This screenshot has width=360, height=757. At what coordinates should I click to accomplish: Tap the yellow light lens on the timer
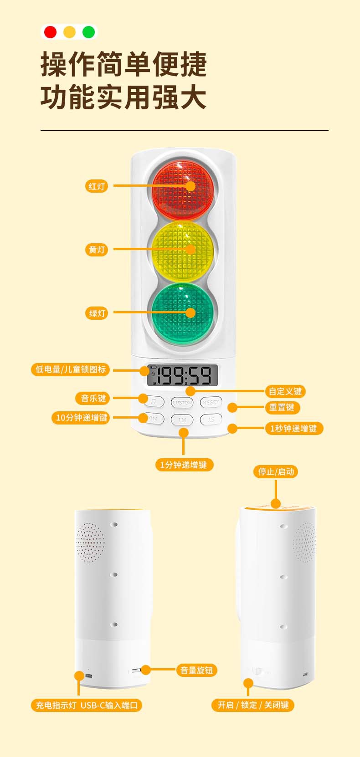pyautogui.click(x=183, y=250)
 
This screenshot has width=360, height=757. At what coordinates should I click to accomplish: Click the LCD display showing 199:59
pyautogui.click(x=183, y=376)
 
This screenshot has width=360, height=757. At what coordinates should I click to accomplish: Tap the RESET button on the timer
pyautogui.click(x=211, y=403)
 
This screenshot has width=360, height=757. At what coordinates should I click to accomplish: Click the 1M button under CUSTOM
pyautogui.click(x=182, y=419)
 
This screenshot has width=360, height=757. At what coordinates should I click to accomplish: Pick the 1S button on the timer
pyautogui.click(x=211, y=419)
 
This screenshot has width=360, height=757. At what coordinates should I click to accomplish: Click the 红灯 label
pyautogui.click(x=97, y=186)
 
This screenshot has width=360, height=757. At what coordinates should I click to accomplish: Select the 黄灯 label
pyautogui.click(x=97, y=250)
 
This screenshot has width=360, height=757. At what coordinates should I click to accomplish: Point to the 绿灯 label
pyautogui.click(x=97, y=313)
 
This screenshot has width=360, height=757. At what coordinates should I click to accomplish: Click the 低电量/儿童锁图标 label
pyautogui.click(x=71, y=369)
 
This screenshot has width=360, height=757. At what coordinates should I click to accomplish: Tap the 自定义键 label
pyautogui.click(x=285, y=391)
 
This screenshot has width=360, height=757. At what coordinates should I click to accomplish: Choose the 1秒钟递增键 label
pyautogui.click(x=293, y=429)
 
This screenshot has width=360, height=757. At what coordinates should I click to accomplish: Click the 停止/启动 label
pyautogui.click(x=276, y=472)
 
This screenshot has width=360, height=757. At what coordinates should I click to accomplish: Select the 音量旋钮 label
pyautogui.click(x=196, y=670)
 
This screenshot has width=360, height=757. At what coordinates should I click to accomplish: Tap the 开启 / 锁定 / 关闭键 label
pyautogui.click(x=253, y=705)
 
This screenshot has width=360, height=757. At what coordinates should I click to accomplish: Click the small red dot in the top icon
pyautogui.click(x=50, y=32)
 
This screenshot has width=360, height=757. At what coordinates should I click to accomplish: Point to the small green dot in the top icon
pyautogui.click(x=88, y=32)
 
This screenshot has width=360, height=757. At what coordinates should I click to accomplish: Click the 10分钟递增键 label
pyautogui.click(x=82, y=418)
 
